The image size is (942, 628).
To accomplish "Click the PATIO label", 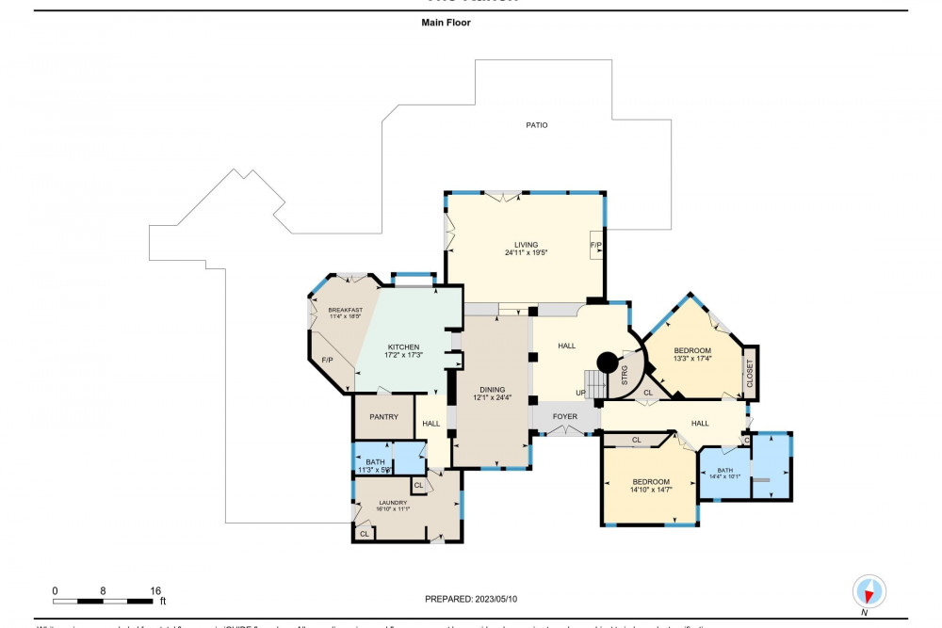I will tap(536, 125).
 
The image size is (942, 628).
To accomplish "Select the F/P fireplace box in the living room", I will tap(595, 245).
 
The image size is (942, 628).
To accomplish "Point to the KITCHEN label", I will tap(402, 346).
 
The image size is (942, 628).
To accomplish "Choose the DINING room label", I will tap(492, 389).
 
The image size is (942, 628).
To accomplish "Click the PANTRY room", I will tap(383, 417).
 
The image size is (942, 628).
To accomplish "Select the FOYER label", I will tap(565, 416).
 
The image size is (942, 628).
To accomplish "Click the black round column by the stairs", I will tap(608, 362).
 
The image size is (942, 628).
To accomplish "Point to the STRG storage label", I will tap(625, 378).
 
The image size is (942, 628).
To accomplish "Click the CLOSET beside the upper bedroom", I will tap(750, 373).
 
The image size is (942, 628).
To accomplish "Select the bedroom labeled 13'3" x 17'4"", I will tap(692, 354).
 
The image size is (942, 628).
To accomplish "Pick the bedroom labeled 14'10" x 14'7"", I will tap(650, 485).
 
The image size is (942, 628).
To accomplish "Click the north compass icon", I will tap(869, 591).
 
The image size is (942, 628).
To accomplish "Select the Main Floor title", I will tap(446, 23).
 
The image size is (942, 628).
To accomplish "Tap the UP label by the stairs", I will tap(581, 393).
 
